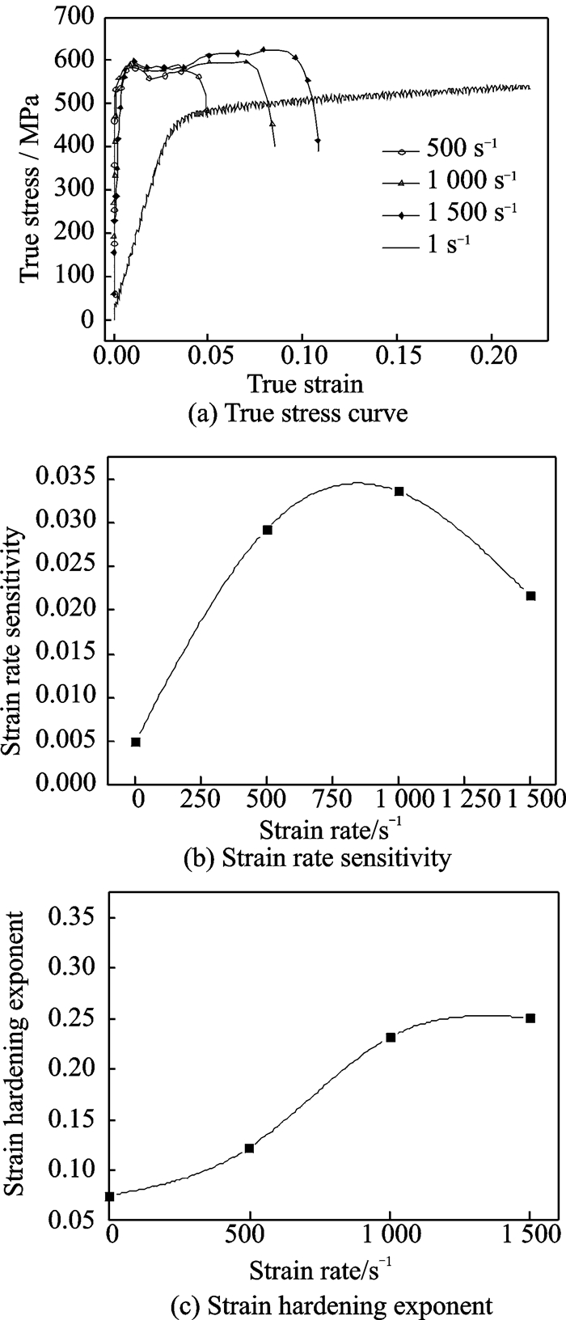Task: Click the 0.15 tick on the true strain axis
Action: (x=397, y=354)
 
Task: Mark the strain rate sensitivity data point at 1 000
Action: (x=399, y=491)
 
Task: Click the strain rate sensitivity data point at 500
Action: (x=268, y=530)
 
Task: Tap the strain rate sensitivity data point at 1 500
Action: (x=530, y=596)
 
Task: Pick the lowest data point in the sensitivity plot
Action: (x=136, y=742)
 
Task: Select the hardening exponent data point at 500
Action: (x=249, y=1148)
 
